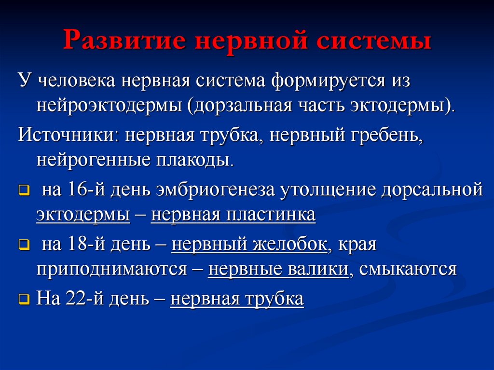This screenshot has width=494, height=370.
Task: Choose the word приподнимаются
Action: click(x=111, y=269)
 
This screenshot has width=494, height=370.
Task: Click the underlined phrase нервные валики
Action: click(x=278, y=269)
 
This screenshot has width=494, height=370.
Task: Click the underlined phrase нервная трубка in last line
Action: click(x=237, y=299)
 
